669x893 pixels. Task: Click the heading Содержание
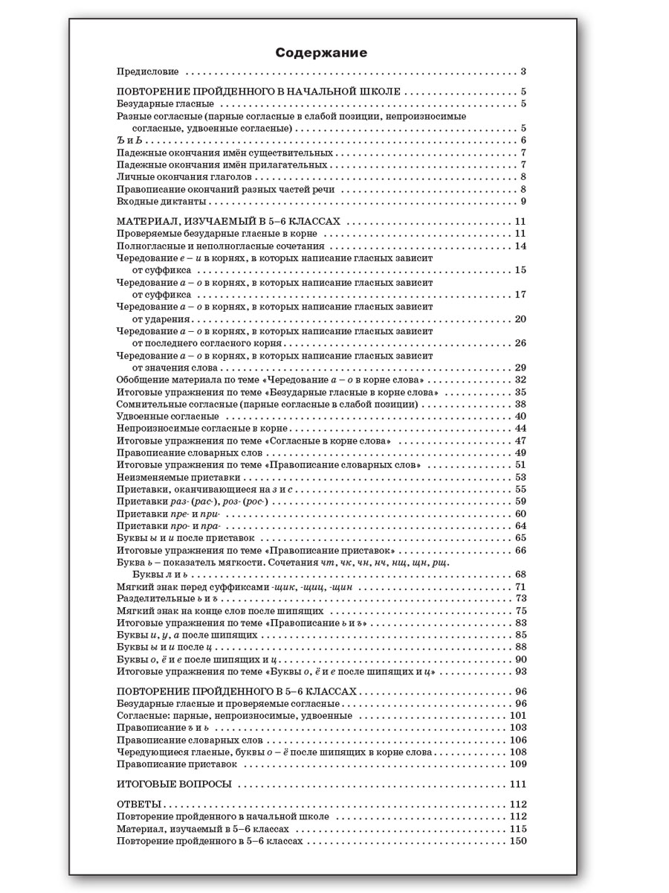point(321,53)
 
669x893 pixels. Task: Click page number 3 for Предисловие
point(523,72)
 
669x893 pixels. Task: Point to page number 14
point(520,246)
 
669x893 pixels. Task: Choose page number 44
point(520,429)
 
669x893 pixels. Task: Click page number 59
point(520,502)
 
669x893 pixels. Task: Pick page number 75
point(520,610)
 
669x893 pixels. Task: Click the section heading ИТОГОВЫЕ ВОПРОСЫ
point(175,784)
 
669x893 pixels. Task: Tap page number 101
point(518,716)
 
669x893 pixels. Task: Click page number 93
point(520,671)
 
